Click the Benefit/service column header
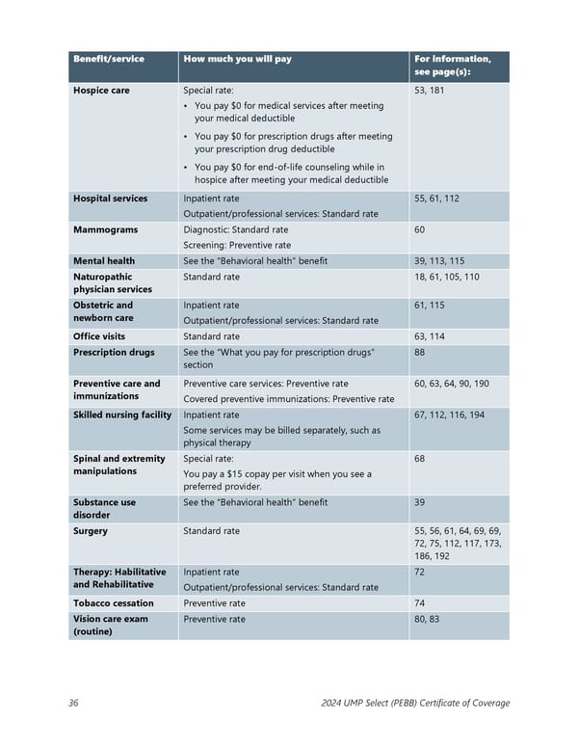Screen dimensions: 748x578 click(109, 59)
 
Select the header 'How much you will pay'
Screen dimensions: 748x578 click(237, 59)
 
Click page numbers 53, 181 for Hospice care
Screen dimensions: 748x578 click(429, 91)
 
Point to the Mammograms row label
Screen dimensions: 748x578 click(105, 229)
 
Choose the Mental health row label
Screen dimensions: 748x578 click(104, 261)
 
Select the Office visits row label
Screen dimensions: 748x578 click(99, 336)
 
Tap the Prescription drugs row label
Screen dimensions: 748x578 click(113, 353)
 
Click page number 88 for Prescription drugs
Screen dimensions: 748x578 click(420, 353)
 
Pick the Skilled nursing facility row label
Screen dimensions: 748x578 click(122, 414)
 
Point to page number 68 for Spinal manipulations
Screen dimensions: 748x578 click(420, 459)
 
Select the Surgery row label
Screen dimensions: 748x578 click(91, 531)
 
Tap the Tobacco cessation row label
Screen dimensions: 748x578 click(114, 603)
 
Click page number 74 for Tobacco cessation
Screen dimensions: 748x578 click(420, 603)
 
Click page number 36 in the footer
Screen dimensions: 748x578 click(73, 704)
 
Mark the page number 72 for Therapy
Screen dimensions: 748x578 click(420, 573)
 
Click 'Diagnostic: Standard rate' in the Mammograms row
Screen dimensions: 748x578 click(235, 229)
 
